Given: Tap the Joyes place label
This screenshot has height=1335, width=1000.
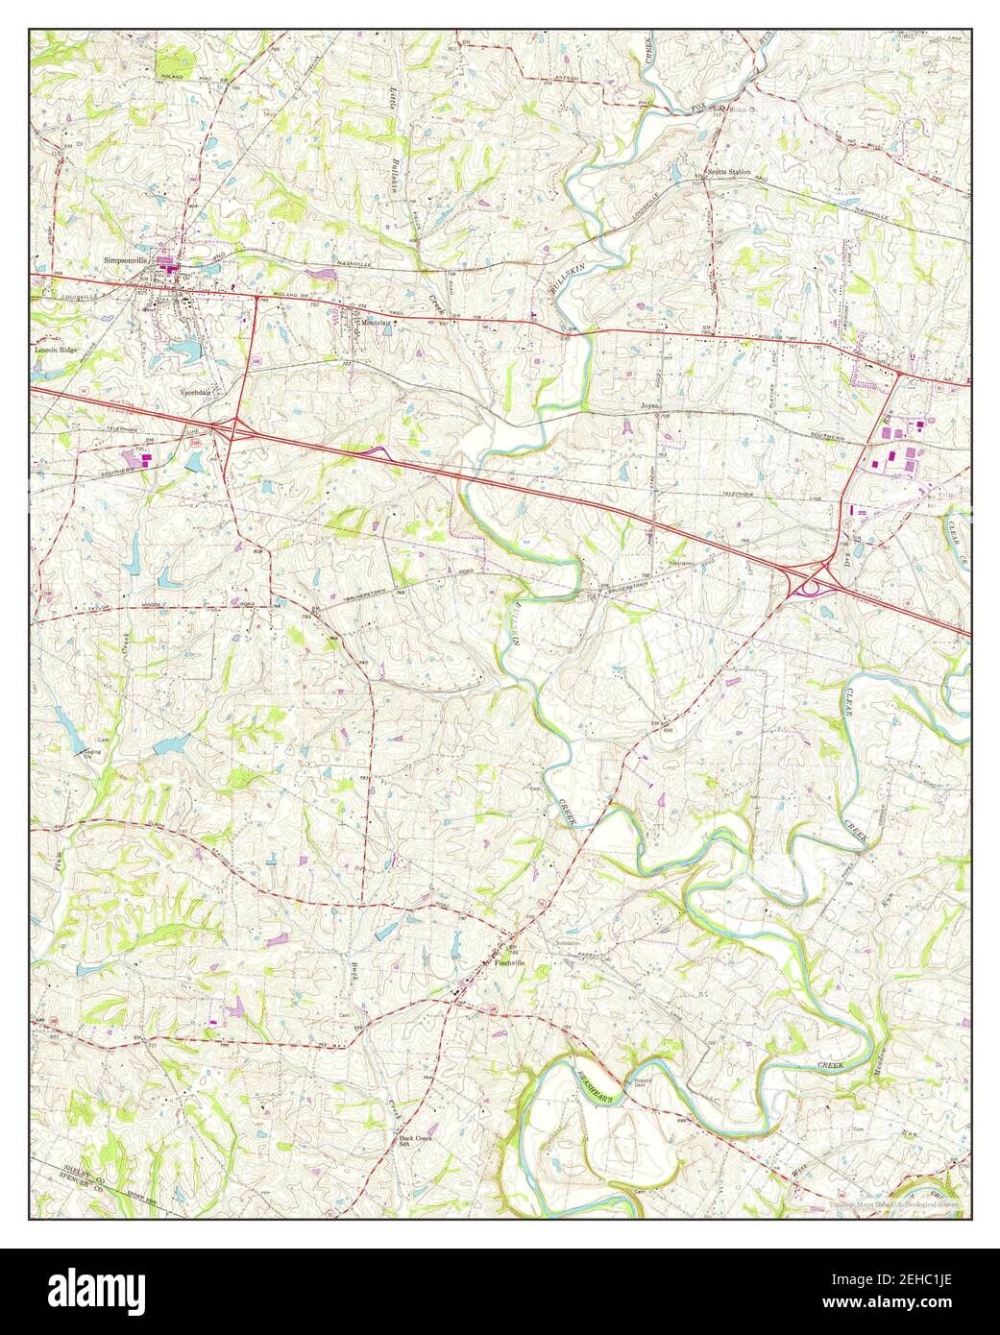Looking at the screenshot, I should pos(653,407).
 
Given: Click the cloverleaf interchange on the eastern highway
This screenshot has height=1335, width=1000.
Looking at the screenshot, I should pos(813,579).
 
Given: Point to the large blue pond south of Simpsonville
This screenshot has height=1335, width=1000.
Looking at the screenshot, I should pos(183,351).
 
